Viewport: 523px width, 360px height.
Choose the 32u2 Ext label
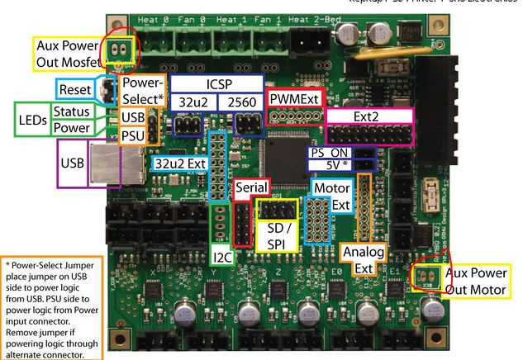coord(179,163)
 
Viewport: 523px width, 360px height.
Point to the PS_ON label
coord(328,154)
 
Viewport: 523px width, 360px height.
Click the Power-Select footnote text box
coord(50,306)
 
